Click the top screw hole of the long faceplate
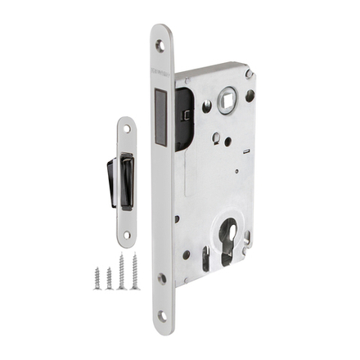point(160,46)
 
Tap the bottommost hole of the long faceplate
point(162,315)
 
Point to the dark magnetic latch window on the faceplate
point(160,114)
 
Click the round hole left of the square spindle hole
point(207,105)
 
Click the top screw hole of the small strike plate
point(126,128)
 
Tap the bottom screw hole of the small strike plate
point(126,235)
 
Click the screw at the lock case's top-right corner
point(250,72)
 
